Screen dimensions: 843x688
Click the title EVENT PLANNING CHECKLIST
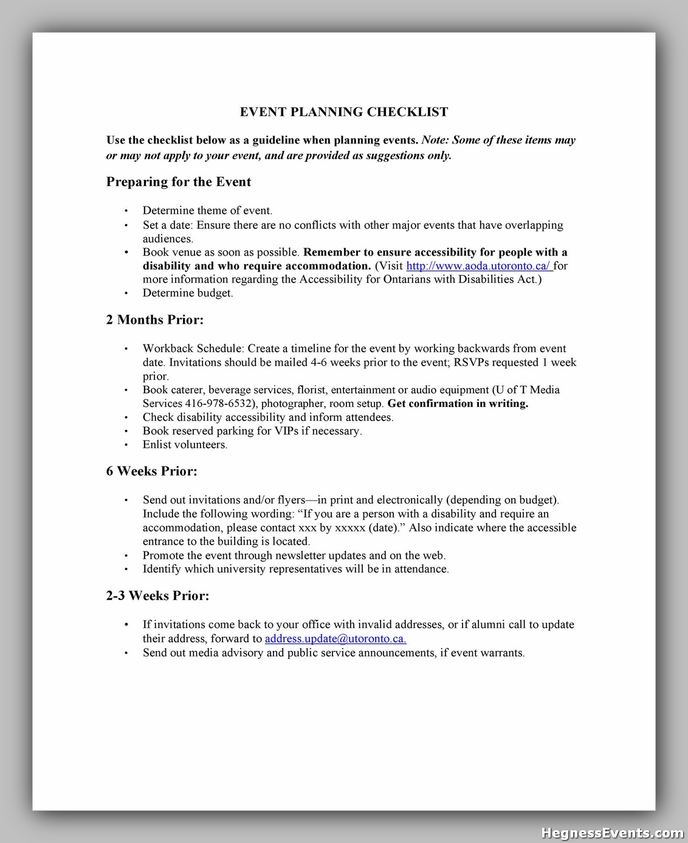point(344,112)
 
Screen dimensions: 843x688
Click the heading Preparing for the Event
point(178,182)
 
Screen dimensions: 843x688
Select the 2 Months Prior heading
point(154,319)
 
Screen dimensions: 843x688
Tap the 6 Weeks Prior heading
point(151,471)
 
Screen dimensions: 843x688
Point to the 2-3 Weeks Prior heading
point(157,596)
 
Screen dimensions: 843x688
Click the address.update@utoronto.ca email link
point(335,638)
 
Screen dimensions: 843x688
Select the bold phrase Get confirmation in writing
point(458,403)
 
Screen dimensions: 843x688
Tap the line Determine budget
point(188,293)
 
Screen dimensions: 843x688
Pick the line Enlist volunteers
point(185,445)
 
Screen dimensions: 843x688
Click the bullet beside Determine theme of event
point(126,211)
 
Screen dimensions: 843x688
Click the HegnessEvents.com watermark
point(612,833)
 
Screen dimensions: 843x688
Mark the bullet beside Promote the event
point(126,556)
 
